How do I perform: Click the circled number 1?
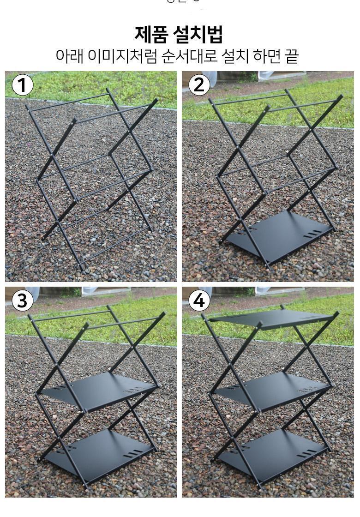(23, 85)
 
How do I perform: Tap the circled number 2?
(199, 85)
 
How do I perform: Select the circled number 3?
(23, 301)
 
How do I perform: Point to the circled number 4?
(199, 301)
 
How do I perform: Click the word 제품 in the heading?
(151, 34)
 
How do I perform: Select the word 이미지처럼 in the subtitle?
(122, 56)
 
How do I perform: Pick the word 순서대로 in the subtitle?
(189, 56)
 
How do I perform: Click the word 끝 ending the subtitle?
(292, 56)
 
